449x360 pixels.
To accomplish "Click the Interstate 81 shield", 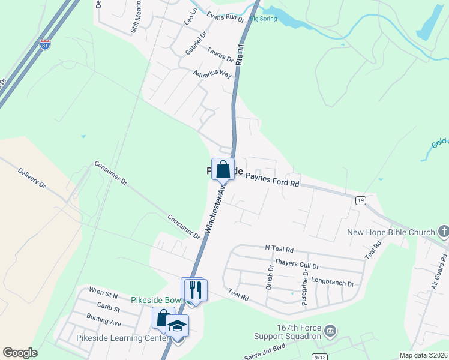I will coord(44,44).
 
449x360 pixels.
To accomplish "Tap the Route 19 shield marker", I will coord(360,200).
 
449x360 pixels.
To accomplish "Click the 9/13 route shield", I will coord(319,356).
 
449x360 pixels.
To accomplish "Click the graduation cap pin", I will coord(177,326).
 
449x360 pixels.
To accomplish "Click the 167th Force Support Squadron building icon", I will coord(330,331).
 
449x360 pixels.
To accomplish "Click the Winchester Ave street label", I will coord(217,207).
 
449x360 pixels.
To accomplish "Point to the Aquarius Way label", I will coord(212,74).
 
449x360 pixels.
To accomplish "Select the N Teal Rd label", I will coord(279,248).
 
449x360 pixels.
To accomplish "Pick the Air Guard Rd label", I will coord(438,274).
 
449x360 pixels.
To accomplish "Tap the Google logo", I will coord(20,352).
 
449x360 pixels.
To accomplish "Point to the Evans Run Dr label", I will coord(225,17).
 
